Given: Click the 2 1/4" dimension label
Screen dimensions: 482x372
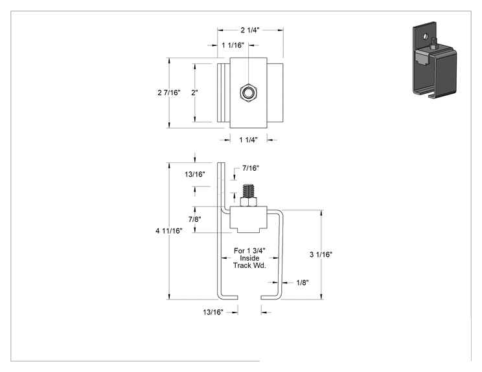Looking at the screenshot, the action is coord(250,30).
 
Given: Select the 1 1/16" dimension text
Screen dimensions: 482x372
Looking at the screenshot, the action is coord(233,45).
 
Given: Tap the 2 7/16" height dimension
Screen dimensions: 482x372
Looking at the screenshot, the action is coord(168,93).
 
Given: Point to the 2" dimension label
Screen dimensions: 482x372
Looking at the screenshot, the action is coord(194,93).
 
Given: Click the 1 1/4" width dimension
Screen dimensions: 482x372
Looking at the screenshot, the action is coord(248,140).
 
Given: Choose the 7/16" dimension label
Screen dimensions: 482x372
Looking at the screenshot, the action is coord(251,168).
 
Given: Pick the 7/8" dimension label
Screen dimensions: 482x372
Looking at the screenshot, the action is coord(194,219).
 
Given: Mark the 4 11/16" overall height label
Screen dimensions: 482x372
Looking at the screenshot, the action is coord(168,231).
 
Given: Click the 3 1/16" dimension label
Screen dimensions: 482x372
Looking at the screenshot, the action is coord(321,254).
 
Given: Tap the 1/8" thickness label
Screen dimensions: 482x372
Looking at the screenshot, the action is coord(303,283).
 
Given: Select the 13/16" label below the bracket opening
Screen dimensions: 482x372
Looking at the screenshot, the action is coord(212,312).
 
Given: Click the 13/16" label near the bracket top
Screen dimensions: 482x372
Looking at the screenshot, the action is coord(194,174).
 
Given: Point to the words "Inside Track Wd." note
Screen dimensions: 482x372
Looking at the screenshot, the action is coord(249,262).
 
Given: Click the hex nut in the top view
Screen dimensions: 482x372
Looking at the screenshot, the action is coord(248,92).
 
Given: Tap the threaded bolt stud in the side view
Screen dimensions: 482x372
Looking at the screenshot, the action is coord(248,191).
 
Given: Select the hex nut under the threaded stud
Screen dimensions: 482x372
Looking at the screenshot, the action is coord(248,202).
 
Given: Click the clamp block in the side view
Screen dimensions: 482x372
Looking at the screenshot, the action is coord(248,219).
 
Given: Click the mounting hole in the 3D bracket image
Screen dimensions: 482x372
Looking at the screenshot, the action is coord(426,36).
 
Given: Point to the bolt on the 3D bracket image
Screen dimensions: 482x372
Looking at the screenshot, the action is coord(434,43).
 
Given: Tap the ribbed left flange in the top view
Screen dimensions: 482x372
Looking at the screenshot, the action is coord(224,93).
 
